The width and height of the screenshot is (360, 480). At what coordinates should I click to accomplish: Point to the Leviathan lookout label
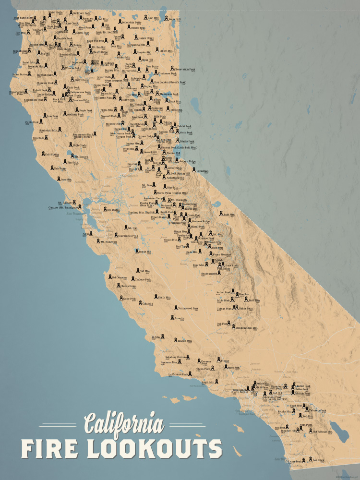203,170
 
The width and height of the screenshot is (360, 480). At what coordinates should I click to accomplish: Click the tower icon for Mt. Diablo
104,210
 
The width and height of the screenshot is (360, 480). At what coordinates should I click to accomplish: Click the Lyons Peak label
295,462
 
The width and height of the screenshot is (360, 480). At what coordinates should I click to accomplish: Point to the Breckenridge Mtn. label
248,328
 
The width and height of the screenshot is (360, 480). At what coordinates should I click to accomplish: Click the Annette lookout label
179,318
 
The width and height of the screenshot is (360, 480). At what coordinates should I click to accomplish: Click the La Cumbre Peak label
177,374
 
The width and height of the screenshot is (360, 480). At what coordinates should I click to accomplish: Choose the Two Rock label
38,138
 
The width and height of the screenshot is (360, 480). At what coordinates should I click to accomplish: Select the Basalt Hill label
145,252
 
